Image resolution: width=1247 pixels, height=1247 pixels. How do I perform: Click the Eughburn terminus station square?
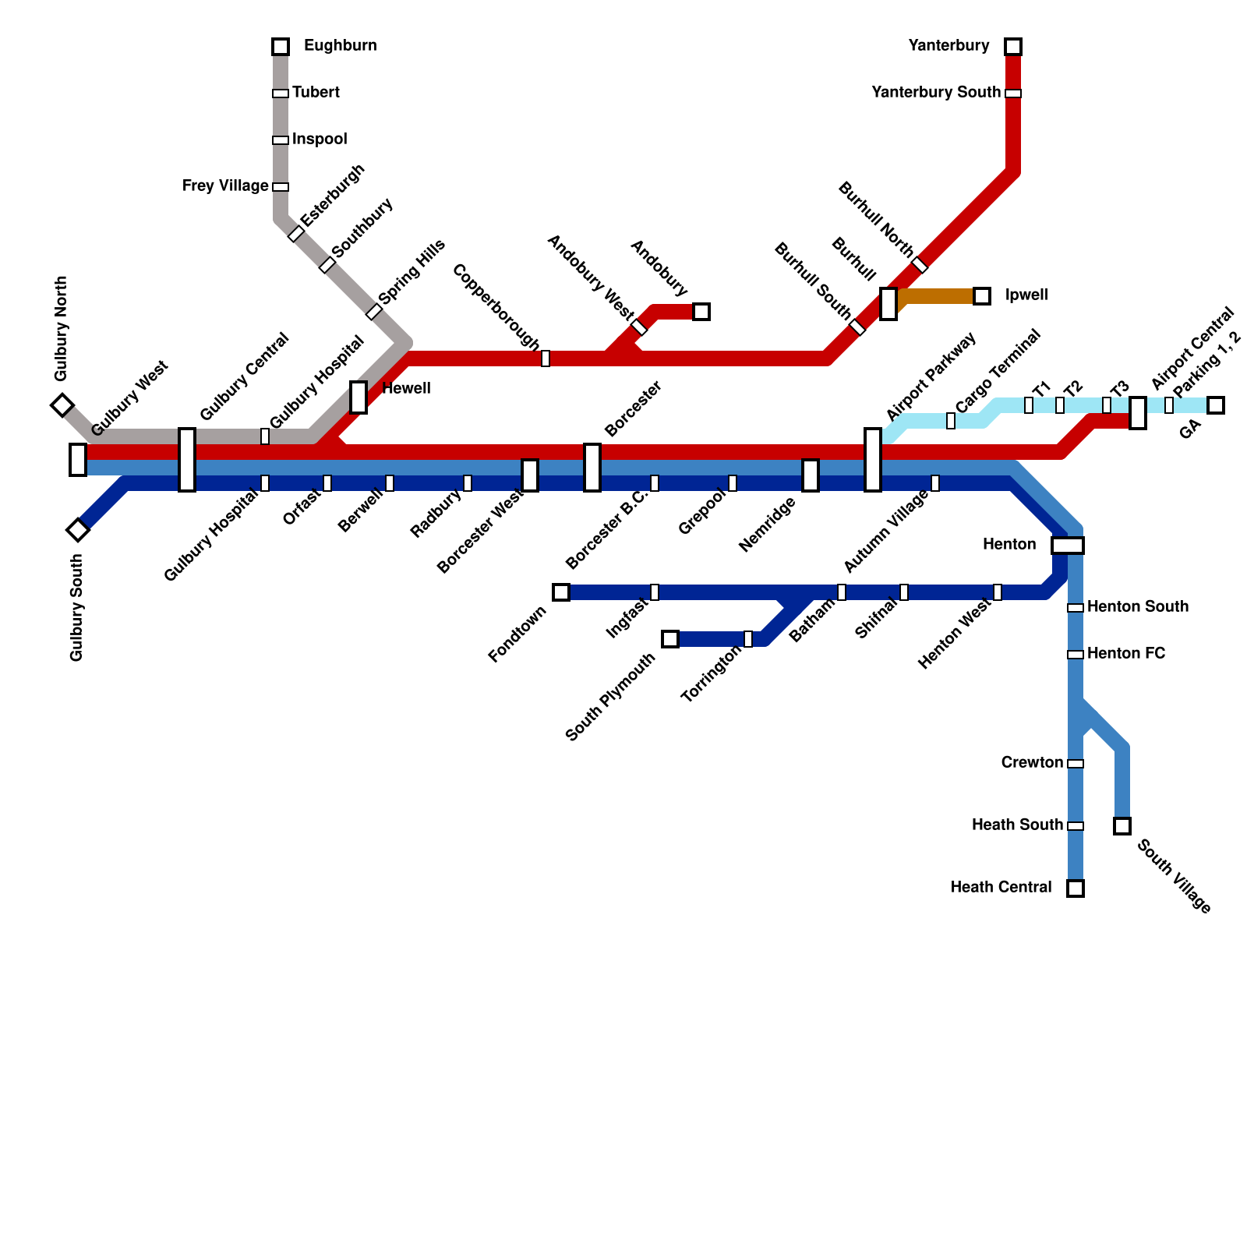(x=281, y=47)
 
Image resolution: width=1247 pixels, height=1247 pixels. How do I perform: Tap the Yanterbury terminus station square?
(x=1013, y=47)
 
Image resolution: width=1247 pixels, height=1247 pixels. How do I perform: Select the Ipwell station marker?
(x=982, y=296)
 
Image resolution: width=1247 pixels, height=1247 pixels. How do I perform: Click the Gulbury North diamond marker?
(x=62, y=405)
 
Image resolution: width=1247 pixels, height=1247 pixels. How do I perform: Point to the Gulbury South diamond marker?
(x=78, y=530)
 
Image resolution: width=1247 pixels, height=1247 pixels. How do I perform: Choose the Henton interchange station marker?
(x=1068, y=546)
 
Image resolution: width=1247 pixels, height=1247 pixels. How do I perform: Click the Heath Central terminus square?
(x=1076, y=888)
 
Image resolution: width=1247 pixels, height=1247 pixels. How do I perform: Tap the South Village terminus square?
(x=1122, y=826)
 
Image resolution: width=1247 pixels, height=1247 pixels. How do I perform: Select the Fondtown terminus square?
(x=561, y=592)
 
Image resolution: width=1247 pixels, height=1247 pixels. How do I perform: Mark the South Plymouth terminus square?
(x=670, y=639)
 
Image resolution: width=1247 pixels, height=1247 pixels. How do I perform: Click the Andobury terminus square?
(x=701, y=312)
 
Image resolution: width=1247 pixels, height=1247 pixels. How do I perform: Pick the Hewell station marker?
(x=359, y=397)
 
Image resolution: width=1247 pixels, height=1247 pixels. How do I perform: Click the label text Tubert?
(x=316, y=93)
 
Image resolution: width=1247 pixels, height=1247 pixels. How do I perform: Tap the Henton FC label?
(x=1126, y=654)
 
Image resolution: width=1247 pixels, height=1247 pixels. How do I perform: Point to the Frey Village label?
(x=225, y=186)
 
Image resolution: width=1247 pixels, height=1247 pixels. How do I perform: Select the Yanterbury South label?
(x=935, y=93)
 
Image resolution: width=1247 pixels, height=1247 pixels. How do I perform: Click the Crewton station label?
(x=1032, y=763)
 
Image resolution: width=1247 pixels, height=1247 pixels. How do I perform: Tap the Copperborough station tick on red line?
(x=546, y=359)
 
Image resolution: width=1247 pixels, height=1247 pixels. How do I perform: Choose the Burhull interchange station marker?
(x=888, y=303)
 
